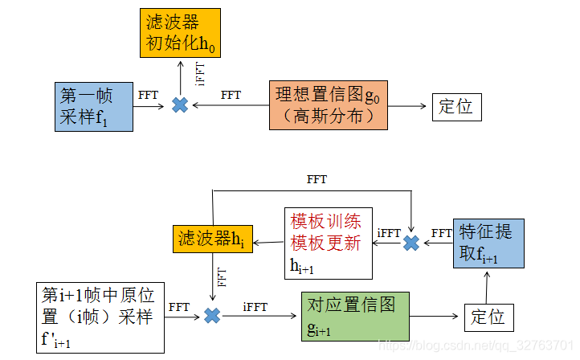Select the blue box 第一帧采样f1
tap(94, 107)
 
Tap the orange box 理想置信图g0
tap(329, 106)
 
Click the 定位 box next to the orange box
tap(456, 106)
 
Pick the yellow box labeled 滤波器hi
tap(209, 239)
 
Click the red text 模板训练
tap(325, 223)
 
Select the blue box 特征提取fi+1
tap(488, 243)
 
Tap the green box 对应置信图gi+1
tap(354, 316)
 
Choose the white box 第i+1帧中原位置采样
tap(100, 317)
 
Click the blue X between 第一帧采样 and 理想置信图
tap(180, 105)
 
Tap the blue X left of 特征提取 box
tap(411, 243)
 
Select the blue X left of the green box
tap(212, 316)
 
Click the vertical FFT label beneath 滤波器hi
tap(223, 278)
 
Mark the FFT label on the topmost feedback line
tap(317, 179)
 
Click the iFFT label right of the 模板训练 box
tap(388, 233)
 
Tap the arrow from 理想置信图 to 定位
tap(410, 106)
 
